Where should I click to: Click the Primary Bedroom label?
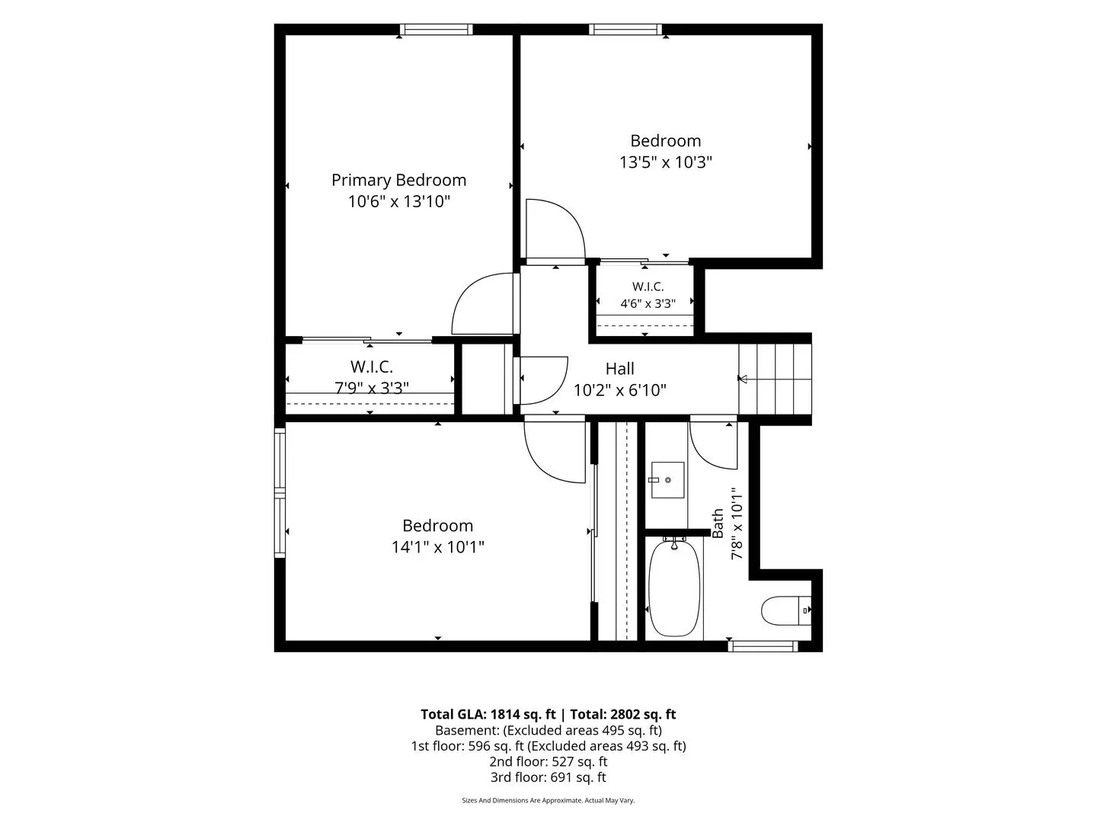point(398,180)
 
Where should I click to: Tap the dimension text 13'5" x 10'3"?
point(665,162)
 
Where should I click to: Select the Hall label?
point(619,369)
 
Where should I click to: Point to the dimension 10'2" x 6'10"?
point(619,390)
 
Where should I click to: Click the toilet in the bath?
point(785,610)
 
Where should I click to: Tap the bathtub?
point(673,588)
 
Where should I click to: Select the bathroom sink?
point(667,480)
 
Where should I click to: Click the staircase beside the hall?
point(775,379)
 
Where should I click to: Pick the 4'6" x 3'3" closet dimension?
point(648,303)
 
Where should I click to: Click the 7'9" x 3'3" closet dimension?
point(371,388)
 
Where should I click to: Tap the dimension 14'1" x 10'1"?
point(438,547)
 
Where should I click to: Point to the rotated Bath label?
point(717,524)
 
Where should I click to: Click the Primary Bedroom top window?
point(436,30)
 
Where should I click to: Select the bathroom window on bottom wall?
point(763,646)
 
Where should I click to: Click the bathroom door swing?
point(713,444)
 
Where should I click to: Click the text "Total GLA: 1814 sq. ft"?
point(488,714)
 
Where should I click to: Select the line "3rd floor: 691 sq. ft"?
point(548,777)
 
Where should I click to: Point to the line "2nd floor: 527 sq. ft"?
point(548,761)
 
